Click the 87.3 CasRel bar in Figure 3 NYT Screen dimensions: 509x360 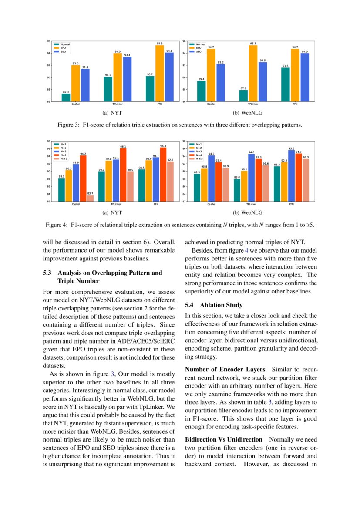[66, 98]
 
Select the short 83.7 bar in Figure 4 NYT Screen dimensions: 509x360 [90, 198]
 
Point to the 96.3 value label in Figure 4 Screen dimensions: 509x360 [163, 146]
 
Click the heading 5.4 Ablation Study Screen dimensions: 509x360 [214, 305]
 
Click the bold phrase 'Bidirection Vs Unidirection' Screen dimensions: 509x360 [224, 439]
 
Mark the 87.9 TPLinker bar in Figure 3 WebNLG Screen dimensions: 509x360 [243, 96]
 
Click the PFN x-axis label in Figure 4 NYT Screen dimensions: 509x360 [155, 204]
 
